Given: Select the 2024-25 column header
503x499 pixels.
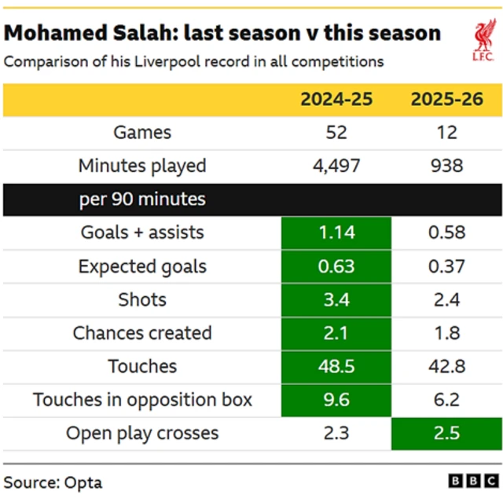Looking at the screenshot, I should [x=336, y=99].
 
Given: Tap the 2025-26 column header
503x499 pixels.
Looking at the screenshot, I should [x=446, y=99].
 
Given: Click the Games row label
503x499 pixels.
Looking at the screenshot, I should [x=142, y=132].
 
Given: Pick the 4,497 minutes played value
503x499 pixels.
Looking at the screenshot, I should [x=336, y=166].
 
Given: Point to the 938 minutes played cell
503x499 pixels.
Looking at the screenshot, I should [x=446, y=166].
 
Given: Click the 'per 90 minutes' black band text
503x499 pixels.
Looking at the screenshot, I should [x=142, y=199].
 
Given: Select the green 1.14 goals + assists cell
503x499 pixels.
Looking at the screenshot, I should [x=336, y=233].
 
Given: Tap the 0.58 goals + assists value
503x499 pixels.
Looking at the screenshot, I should [x=446, y=233].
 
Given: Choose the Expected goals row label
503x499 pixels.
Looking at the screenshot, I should [x=142, y=266].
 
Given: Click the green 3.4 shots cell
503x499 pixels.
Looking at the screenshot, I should [x=336, y=299].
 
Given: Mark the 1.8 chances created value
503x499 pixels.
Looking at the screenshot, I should [x=446, y=333].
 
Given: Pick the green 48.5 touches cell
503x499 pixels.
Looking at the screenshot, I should [x=336, y=366].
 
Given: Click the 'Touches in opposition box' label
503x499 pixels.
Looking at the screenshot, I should [x=142, y=400].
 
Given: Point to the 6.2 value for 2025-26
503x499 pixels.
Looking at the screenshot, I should [x=446, y=400].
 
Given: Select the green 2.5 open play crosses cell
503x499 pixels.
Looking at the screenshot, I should [x=446, y=433].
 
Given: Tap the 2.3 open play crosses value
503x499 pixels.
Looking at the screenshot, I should [x=336, y=433].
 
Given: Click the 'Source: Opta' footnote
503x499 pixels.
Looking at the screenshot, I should [x=53, y=481].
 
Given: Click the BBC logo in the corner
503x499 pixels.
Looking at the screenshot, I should [x=473, y=481].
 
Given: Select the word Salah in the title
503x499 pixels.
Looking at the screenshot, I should [x=164, y=33].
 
